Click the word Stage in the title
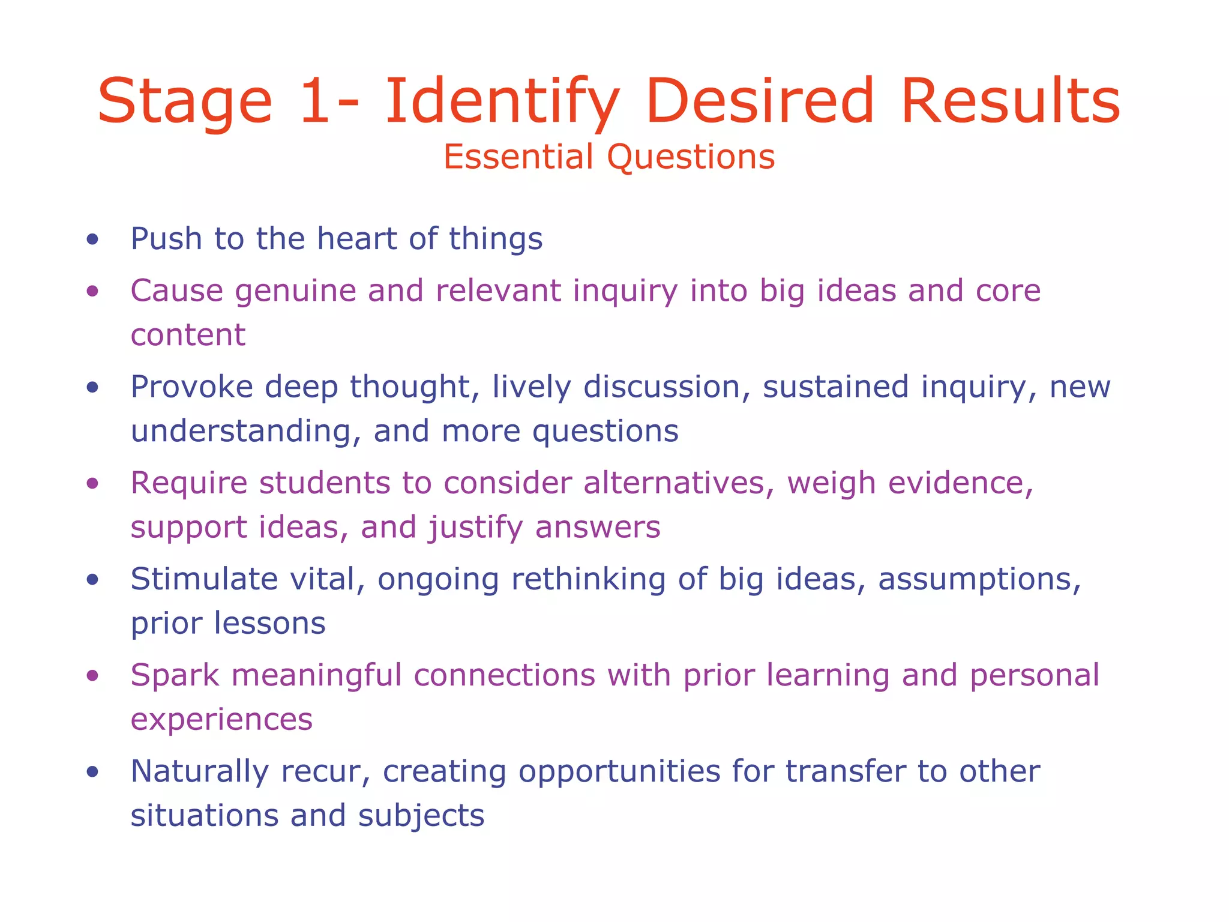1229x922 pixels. coord(185,102)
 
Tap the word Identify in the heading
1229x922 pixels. coord(502,102)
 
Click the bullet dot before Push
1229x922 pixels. coord(92,240)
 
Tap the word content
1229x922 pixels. coord(188,335)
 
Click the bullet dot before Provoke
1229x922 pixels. coord(92,388)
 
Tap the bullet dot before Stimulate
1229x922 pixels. coord(92,580)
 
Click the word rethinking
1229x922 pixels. coord(588,580)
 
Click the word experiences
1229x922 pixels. coord(221,720)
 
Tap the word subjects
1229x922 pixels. coord(421,816)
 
